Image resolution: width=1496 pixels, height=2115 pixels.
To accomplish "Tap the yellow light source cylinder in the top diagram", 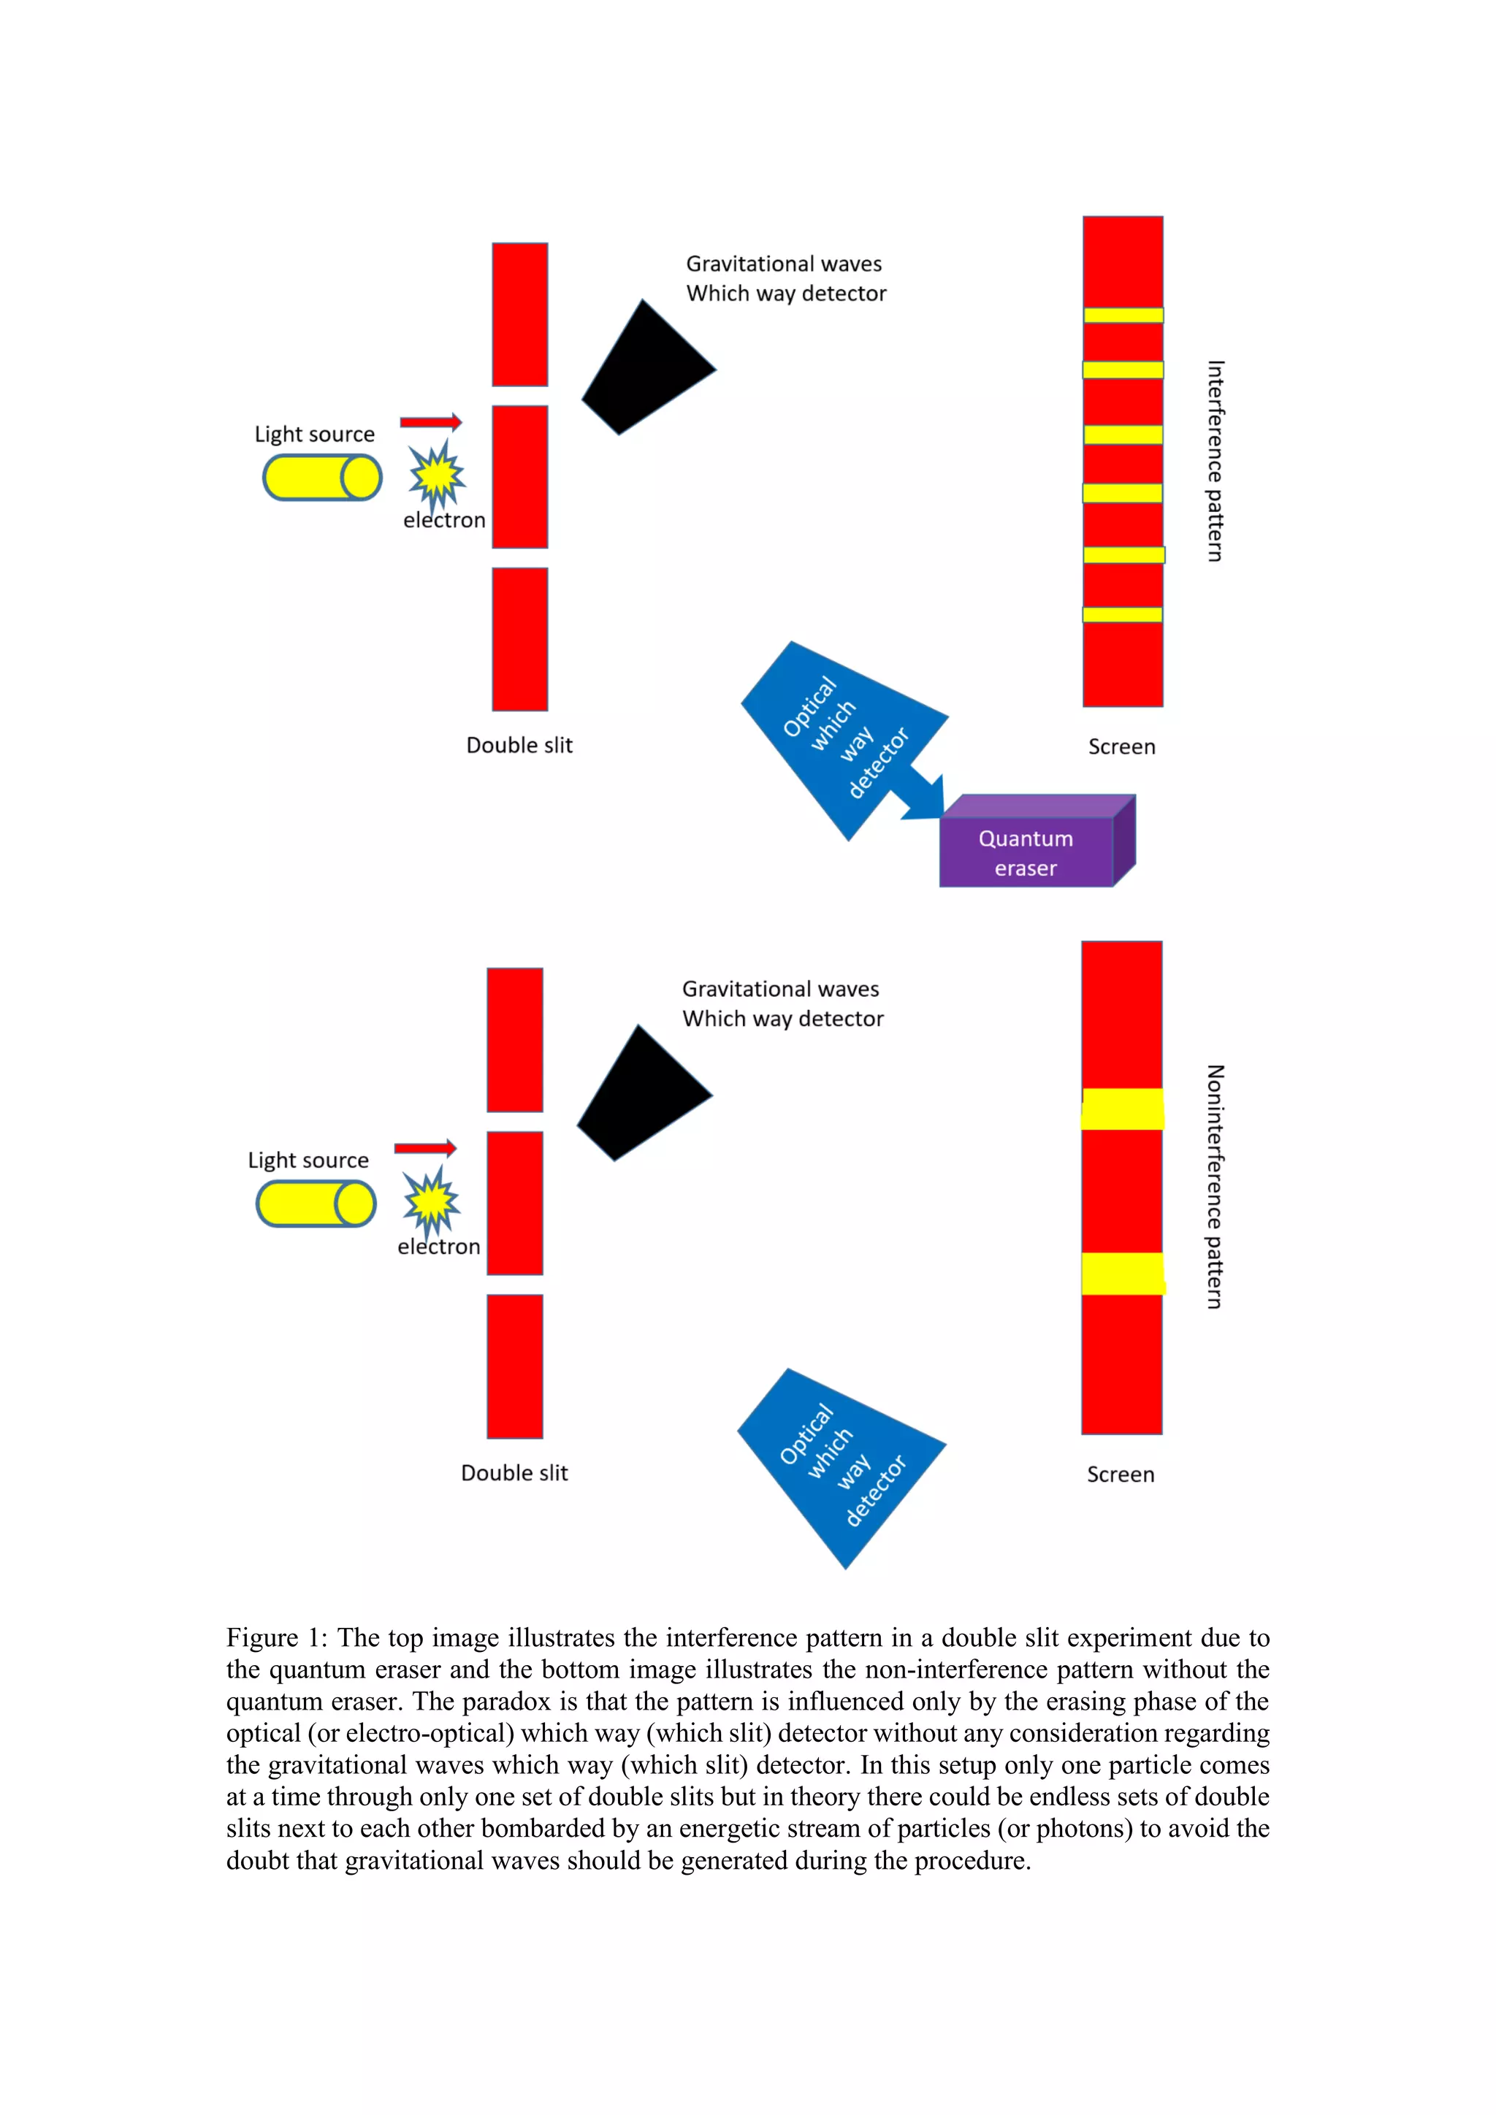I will (321, 478).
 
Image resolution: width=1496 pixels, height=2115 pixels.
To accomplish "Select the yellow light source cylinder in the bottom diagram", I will (315, 1204).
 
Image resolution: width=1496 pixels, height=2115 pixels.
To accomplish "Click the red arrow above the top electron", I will (430, 422).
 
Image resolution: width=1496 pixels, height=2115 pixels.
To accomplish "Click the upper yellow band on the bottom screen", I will (1122, 1109).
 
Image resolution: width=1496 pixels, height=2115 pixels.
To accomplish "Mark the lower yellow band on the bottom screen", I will (1122, 1273).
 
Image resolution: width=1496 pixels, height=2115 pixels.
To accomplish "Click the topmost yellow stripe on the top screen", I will (1123, 315).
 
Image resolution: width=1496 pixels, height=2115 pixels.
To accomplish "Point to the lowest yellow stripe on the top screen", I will (1122, 614).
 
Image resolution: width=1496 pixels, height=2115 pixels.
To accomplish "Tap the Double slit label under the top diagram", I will (519, 745).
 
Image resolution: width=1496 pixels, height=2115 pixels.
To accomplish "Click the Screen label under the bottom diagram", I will (1120, 1474).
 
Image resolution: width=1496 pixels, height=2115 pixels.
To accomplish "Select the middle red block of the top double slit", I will (519, 477).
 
